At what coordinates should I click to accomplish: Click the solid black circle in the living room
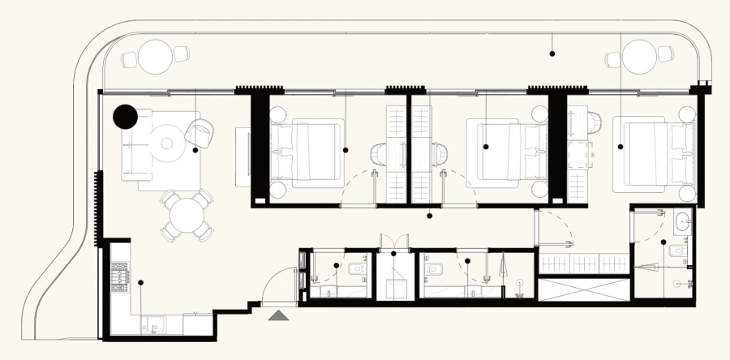pos(125,118)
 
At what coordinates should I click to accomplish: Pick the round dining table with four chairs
pos(186,215)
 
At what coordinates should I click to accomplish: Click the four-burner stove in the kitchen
pos(120,276)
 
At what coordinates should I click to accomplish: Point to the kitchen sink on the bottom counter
pos(155,324)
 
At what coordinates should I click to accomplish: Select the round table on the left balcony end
pos(153,57)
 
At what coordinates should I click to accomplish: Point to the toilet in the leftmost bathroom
pos(354,269)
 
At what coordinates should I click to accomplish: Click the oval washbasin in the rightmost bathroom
pos(682,220)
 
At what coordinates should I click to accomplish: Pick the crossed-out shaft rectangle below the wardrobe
pos(583,289)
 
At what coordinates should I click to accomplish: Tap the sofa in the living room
pos(134,151)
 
